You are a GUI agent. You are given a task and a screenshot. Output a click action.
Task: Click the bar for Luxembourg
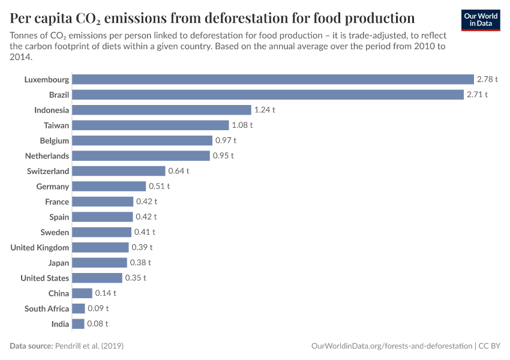click(x=273, y=79)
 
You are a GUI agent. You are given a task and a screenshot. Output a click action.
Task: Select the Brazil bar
click(x=268, y=95)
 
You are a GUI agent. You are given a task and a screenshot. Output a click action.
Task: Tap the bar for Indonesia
click(x=161, y=110)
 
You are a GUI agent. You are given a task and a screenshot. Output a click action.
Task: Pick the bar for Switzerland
click(x=118, y=171)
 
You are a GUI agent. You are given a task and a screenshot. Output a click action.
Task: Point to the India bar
click(x=78, y=324)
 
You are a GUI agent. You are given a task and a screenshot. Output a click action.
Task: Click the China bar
click(x=82, y=293)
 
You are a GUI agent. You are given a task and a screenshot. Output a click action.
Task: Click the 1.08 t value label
click(x=242, y=125)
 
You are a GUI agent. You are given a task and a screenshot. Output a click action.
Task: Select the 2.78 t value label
click(x=487, y=79)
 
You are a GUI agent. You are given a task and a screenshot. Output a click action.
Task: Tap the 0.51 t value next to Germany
click(x=160, y=187)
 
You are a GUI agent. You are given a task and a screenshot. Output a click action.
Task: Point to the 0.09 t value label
click(x=98, y=308)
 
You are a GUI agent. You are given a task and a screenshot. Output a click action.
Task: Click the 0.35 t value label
click(x=136, y=278)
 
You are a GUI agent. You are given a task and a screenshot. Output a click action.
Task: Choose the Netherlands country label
click(x=47, y=156)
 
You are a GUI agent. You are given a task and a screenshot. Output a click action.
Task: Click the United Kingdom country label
click(x=40, y=247)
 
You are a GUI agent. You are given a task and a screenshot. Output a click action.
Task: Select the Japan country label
click(x=59, y=263)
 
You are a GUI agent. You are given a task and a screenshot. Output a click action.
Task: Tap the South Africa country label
click(x=47, y=308)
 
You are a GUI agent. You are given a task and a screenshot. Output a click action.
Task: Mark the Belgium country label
click(x=55, y=140)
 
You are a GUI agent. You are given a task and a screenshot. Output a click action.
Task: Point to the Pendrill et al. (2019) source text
click(x=89, y=346)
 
